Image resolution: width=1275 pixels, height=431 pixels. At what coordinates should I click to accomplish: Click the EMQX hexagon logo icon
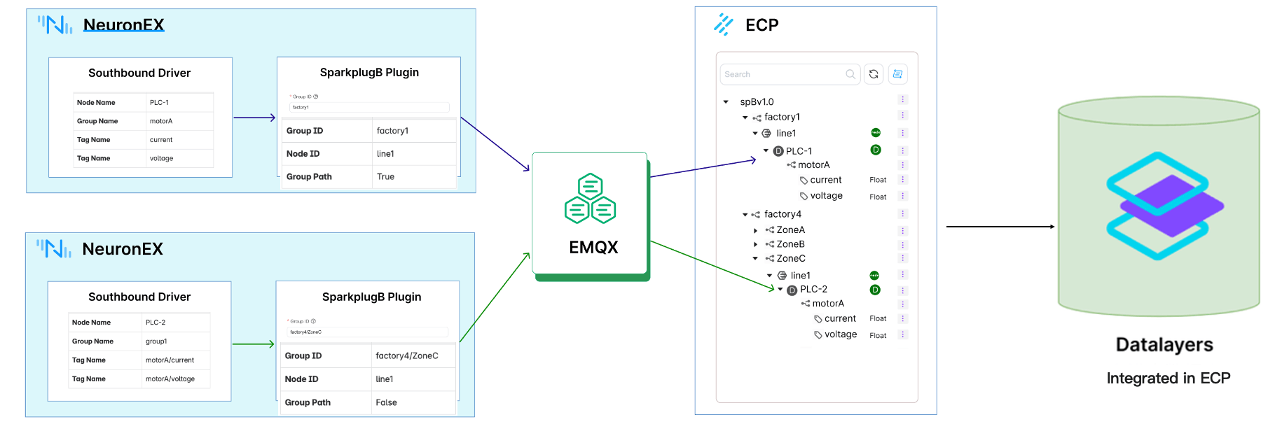590,199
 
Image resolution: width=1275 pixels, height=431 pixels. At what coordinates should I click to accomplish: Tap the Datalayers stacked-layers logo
1164,206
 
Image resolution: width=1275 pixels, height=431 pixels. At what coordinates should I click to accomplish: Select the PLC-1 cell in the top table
159,102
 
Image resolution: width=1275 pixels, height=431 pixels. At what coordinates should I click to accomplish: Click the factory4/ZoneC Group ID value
406,355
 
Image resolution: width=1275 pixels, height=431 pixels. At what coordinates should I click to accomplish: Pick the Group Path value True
385,176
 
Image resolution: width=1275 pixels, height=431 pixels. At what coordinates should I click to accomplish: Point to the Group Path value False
386,402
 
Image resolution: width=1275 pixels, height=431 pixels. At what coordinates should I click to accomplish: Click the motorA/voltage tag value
170,379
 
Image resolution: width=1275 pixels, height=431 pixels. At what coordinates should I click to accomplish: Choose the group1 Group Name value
156,341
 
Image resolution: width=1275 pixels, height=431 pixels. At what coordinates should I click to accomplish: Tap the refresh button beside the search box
874,74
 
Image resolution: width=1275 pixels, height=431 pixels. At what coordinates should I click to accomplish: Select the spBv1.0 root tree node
757,101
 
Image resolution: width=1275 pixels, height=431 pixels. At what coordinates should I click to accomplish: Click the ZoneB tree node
790,244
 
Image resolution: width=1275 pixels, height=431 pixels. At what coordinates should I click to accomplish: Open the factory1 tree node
782,117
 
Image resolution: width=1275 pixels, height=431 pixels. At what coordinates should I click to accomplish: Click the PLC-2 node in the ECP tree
813,289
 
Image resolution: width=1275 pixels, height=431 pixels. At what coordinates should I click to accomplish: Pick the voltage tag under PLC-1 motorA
826,196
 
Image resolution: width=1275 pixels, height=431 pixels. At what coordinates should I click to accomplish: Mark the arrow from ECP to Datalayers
1000,227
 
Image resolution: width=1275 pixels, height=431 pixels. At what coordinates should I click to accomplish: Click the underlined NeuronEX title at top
123,25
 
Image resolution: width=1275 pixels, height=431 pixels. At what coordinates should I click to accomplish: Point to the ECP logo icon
723,24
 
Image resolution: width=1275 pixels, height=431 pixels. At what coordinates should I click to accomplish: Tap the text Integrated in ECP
1168,378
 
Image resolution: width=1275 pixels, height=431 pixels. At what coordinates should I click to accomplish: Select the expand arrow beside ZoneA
755,230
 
